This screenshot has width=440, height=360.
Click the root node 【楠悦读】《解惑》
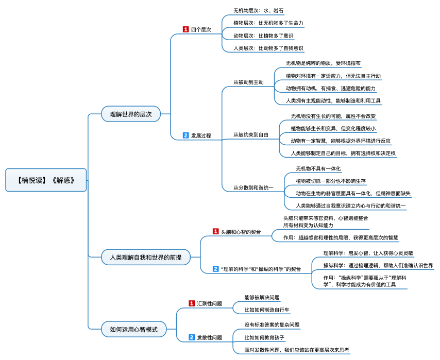point(46,180)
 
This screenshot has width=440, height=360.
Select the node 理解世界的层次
point(131,114)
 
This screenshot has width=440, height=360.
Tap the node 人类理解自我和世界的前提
point(146,257)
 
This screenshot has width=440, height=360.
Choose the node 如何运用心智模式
point(134,329)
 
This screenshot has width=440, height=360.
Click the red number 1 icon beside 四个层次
point(186,29)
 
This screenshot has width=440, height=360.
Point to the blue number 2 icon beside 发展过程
point(186,135)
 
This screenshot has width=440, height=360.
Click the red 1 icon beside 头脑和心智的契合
point(215,231)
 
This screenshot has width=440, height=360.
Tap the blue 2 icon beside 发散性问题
point(192,337)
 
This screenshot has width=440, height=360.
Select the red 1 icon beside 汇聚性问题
point(192,303)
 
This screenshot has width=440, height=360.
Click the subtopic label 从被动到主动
point(249,82)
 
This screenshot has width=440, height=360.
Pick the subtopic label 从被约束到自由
point(251,135)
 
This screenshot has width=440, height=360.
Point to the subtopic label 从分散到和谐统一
point(253,187)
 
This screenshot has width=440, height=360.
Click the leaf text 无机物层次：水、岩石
point(259,11)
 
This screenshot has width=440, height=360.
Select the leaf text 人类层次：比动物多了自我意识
point(268,48)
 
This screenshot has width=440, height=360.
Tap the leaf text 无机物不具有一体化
point(318,168)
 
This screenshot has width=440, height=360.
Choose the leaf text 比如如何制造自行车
point(267,310)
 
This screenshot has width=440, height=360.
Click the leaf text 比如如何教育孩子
point(264,337)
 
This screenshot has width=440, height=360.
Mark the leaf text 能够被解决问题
point(262,298)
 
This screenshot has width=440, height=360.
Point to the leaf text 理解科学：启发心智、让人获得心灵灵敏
point(368,253)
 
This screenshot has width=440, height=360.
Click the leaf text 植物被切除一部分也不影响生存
point(331,181)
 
